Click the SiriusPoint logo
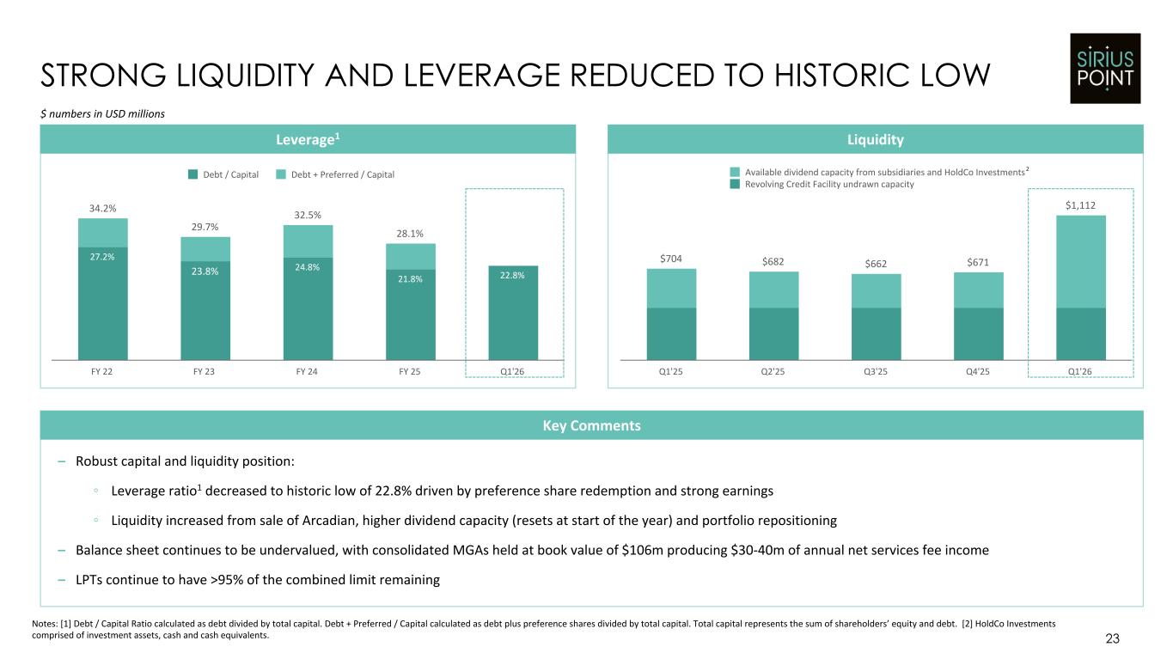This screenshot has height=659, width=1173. tap(1105, 69)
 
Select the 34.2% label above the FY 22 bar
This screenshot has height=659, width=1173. tap(102, 208)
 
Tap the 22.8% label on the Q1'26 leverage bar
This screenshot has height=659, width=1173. tap(512, 275)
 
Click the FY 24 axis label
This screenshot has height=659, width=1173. tap(307, 372)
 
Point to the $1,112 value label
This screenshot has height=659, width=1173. tap(1080, 205)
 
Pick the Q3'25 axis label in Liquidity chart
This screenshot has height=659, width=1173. tap(876, 372)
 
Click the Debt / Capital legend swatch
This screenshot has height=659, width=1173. tap(192, 174)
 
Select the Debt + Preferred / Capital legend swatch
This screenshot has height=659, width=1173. tap(281, 174)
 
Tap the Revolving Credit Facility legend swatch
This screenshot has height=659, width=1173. tap(735, 184)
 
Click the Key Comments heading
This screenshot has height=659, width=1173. tap(592, 425)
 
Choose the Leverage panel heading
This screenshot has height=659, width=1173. tap(308, 139)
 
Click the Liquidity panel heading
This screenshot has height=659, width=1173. tap(876, 140)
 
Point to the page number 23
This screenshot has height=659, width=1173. tap(1112, 638)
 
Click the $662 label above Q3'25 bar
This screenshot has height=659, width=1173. tap(876, 264)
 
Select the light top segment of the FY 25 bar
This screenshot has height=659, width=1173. tap(411, 257)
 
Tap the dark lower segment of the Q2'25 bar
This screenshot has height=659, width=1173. tap(773, 334)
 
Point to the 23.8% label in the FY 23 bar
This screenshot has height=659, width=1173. tap(205, 272)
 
